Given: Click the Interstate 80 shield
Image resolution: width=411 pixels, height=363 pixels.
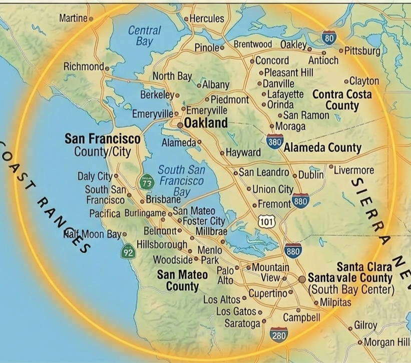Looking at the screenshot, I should pyautogui.click(x=329, y=37).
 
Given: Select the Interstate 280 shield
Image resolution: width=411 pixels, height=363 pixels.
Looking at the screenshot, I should pyautogui.click(x=279, y=335).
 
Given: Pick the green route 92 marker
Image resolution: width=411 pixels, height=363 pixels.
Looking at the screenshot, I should pyautogui.click(x=128, y=251).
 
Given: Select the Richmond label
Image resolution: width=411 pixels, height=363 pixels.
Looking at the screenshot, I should pyautogui.click(x=83, y=66).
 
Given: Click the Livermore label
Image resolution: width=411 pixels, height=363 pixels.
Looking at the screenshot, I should pyautogui.click(x=354, y=170).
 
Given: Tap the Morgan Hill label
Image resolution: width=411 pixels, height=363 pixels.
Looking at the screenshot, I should pyautogui.click(x=386, y=342).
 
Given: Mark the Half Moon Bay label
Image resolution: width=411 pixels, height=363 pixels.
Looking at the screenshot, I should pyautogui.click(x=93, y=234).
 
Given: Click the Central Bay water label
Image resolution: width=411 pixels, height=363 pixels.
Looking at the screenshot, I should pyautogui.click(x=145, y=35).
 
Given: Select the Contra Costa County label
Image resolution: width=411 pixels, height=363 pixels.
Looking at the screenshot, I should pyautogui.click(x=342, y=99).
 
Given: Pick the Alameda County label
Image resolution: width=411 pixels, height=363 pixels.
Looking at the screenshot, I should pyautogui.click(x=323, y=147).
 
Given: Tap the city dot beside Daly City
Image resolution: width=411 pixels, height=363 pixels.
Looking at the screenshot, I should pyautogui.click(x=116, y=176).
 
